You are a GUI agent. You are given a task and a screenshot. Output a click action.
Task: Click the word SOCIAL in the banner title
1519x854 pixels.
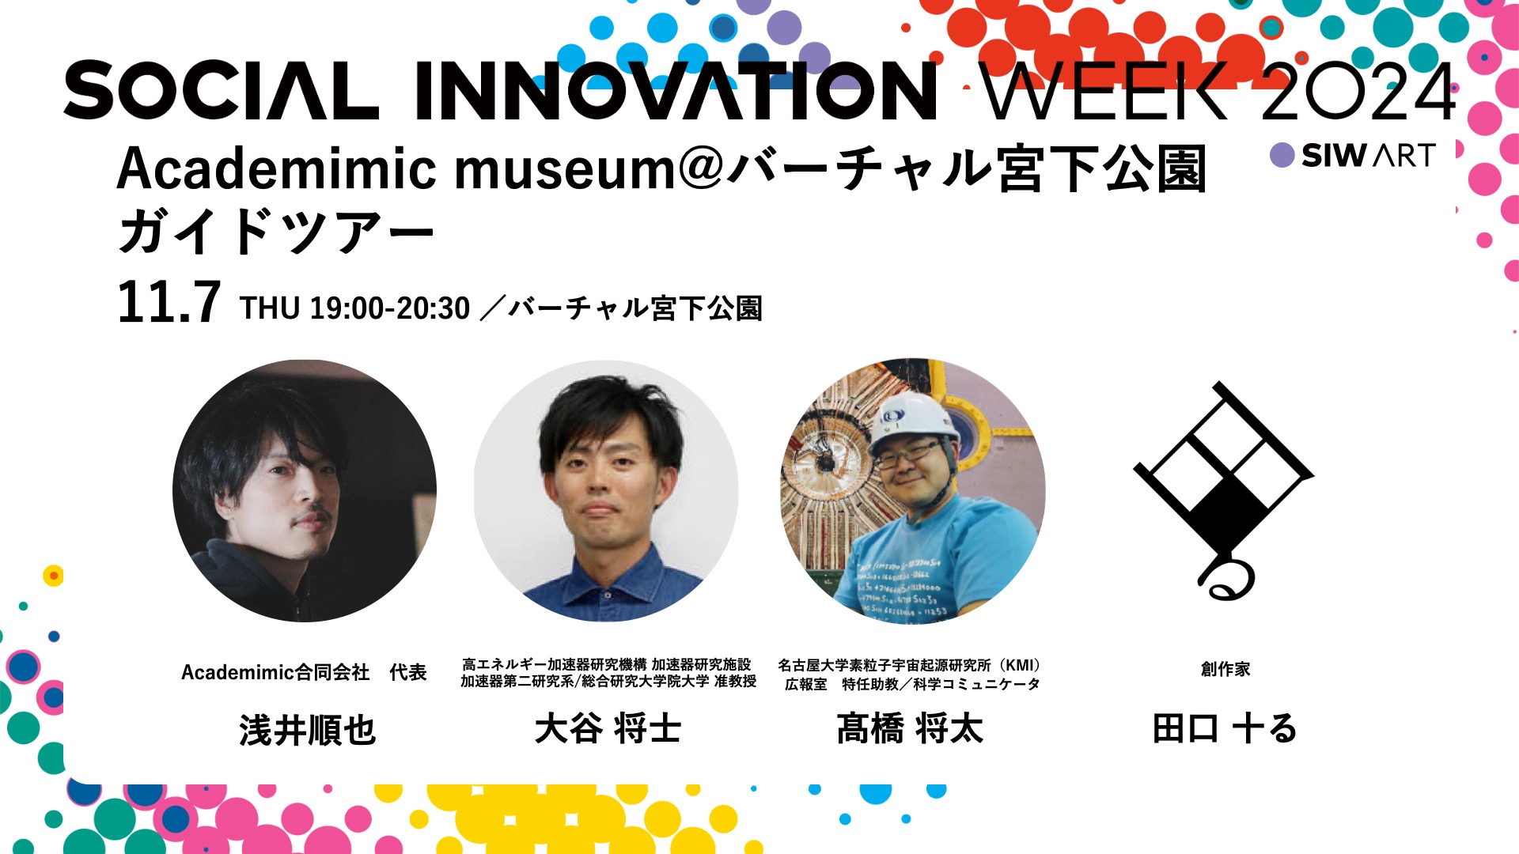coord(222,90)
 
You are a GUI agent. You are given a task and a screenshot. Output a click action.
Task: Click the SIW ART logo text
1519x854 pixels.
coord(1369,155)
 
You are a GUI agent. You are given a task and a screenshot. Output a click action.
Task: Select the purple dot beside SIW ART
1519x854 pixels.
coord(1282,155)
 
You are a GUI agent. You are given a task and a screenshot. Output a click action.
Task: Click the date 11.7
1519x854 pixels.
coord(169,302)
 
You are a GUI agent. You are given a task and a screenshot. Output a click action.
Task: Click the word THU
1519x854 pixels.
coord(270,308)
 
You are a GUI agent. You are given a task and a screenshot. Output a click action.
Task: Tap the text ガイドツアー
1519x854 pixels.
coord(275,232)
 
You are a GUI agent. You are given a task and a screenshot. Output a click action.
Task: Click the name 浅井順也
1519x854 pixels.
coord(307,729)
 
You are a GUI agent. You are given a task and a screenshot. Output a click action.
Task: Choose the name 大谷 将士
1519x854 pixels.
coord(608,728)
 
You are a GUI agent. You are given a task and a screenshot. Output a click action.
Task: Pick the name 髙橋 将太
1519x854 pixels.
coord(910,728)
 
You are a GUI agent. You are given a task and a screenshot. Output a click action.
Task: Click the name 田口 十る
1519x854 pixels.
coord(1225,728)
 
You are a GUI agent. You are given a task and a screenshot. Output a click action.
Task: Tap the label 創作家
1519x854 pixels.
coord(1225,669)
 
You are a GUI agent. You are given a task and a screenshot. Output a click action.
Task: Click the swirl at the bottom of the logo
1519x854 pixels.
coord(1225,579)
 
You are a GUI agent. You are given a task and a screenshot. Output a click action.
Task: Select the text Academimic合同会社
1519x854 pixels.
coord(275,672)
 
